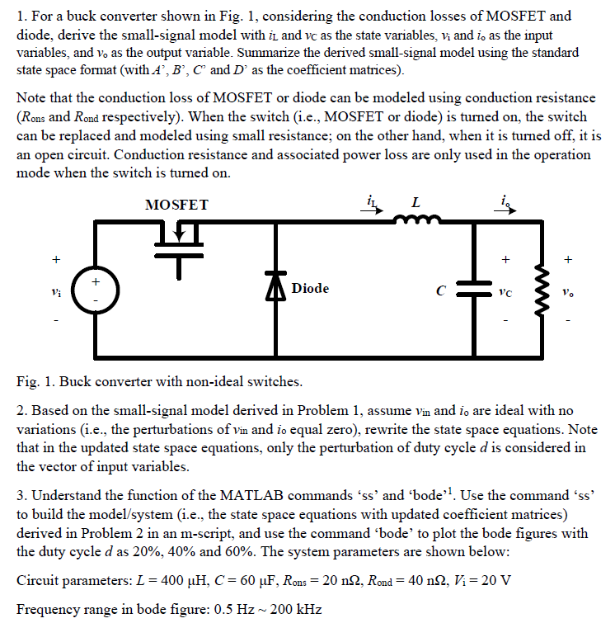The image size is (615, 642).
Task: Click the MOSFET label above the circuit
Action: coord(176,205)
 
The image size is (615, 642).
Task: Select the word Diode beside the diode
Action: coord(310,288)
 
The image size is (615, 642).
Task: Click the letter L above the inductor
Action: coord(415,202)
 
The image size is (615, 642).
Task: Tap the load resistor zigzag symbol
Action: coord(544,288)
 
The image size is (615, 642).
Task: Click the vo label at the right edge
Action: coord(566,290)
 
